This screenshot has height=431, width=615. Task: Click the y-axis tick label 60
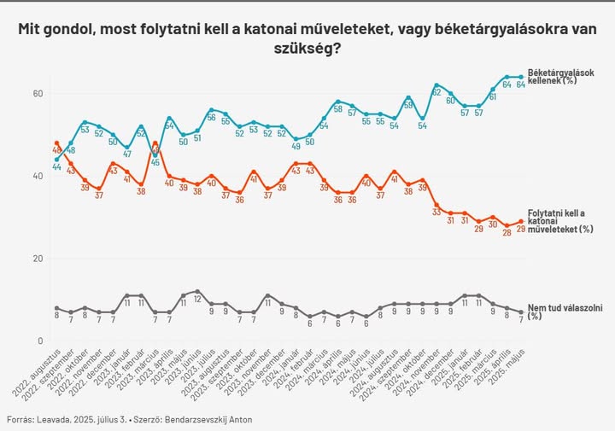coord(39,93)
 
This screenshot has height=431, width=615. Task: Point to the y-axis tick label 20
coord(39,259)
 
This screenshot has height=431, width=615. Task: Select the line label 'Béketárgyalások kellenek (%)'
coord(561,76)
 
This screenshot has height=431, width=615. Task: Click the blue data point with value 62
coord(436,85)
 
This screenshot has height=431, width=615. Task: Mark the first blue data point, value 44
coord(56,160)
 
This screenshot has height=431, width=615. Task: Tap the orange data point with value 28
coord(507,226)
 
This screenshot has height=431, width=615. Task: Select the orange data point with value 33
coord(436,205)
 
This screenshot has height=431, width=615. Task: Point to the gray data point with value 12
coord(197,292)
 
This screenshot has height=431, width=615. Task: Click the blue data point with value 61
coord(493,90)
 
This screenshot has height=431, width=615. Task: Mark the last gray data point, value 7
coord(521,312)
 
